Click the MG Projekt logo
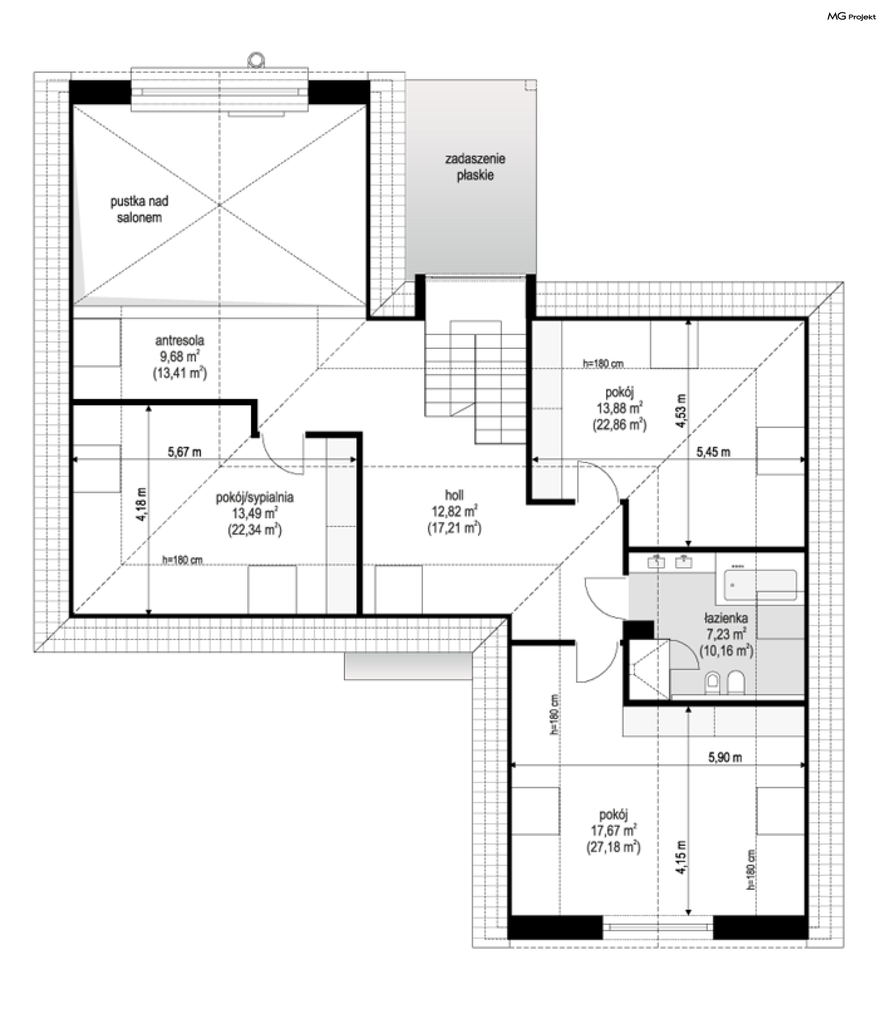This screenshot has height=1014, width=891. [x=851, y=17]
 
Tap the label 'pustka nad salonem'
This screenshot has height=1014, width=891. [x=139, y=209]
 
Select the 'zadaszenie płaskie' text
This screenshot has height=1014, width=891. [x=475, y=167]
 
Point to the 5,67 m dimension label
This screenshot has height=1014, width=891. [x=184, y=452]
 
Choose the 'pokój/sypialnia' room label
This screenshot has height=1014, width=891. [x=254, y=497]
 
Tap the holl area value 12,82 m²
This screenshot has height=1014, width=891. [x=454, y=511]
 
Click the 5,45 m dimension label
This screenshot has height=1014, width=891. [x=713, y=452]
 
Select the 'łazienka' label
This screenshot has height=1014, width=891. [x=726, y=618]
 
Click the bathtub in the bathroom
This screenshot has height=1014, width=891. [x=760, y=585]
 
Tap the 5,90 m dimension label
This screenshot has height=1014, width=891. [x=725, y=757]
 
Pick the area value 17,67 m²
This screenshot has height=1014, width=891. [x=613, y=830]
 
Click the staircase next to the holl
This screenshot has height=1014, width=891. [x=475, y=382]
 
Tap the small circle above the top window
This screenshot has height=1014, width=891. [x=256, y=60]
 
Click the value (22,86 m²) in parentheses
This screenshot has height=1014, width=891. [x=620, y=425]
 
